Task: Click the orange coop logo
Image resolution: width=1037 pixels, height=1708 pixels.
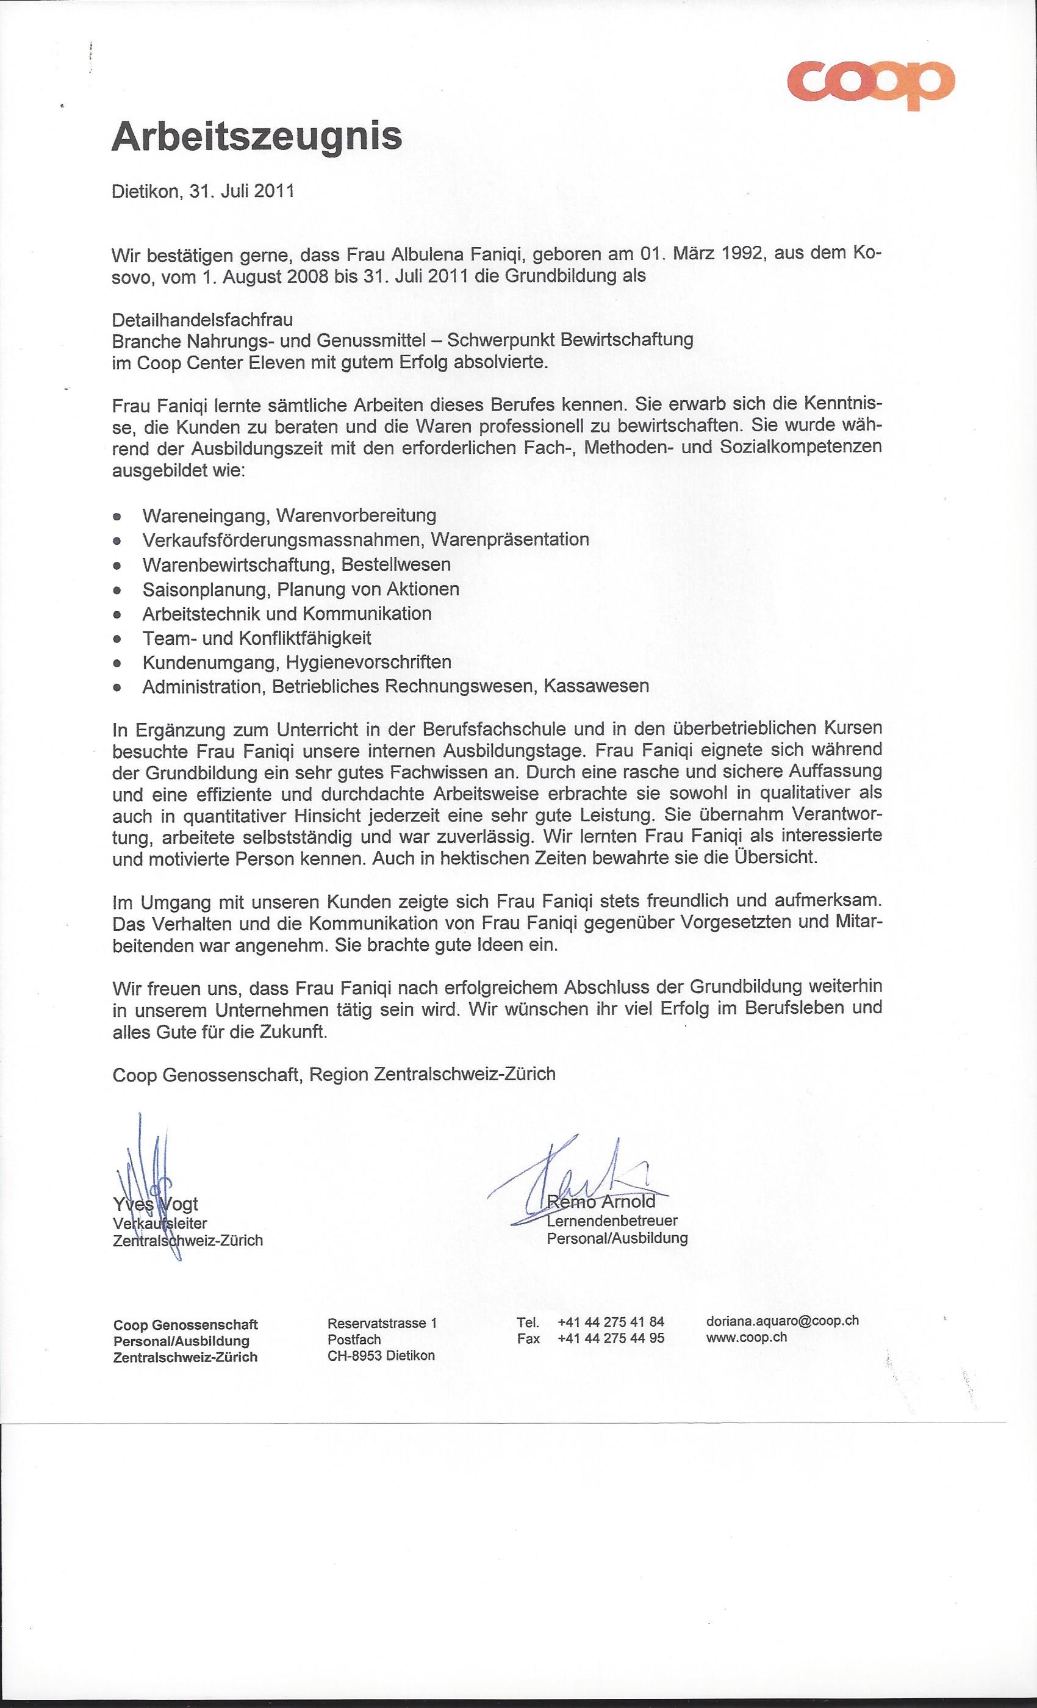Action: pos(870,85)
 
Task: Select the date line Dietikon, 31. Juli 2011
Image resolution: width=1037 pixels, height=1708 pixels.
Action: pos(203,192)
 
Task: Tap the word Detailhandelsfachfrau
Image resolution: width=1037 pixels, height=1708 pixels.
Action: pos(203,320)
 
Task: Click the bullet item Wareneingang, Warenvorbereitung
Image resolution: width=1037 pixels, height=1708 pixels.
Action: pos(289,515)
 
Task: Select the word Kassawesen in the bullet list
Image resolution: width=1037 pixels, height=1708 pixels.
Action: pos(596,686)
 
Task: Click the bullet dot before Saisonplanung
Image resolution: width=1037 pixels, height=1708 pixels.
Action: pos(118,590)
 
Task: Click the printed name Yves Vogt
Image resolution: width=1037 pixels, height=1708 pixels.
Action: pos(156,1204)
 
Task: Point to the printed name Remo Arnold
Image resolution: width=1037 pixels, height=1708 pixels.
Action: pos(601,1200)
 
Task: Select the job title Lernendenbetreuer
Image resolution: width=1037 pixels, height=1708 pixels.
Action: pos(612,1220)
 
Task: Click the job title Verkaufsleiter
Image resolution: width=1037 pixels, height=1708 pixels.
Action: pos(160,1224)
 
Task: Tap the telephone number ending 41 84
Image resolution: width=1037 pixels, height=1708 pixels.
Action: pos(611,1322)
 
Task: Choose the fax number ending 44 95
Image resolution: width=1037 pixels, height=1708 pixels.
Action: pos(611,1338)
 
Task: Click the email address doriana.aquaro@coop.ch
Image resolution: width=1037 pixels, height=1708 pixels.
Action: pos(782,1321)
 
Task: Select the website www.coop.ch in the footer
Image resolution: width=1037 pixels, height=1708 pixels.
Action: pos(747,1337)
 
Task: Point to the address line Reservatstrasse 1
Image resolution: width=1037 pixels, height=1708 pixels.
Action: pos(382,1322)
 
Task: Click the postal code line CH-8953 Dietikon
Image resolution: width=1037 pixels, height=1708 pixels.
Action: pos(381,1355)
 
